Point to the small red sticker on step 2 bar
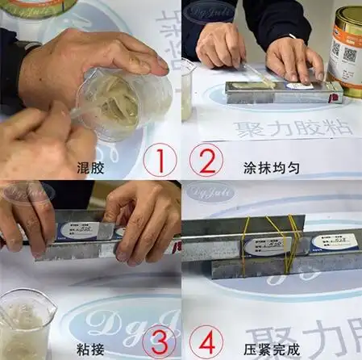coord(330,90)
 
